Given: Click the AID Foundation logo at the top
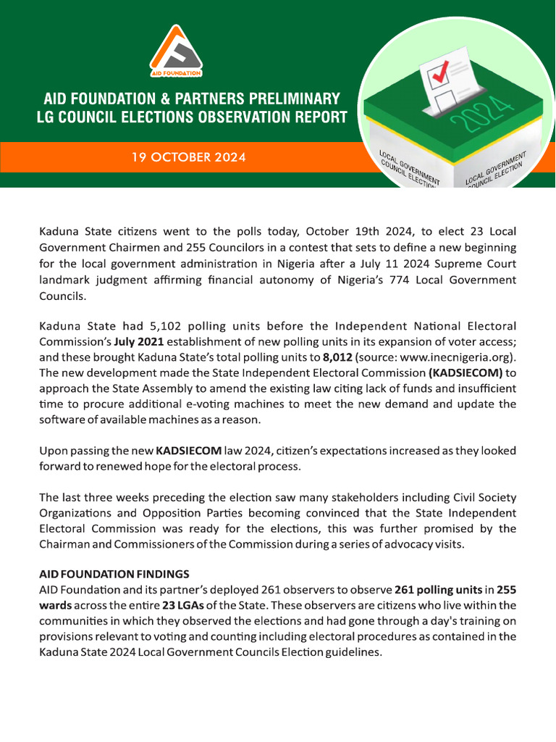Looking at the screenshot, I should tap(176, 51).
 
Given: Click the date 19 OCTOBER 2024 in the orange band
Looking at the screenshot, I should tap(188, 157).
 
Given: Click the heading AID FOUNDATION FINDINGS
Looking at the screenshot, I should tap(114, 573).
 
